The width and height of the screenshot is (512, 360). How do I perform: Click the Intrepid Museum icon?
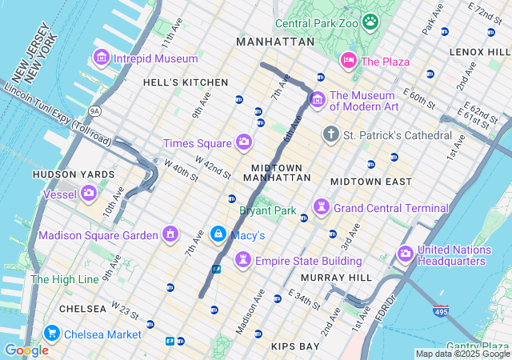[x=102, y=58]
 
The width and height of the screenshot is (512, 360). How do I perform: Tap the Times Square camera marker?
[x=244, y=142]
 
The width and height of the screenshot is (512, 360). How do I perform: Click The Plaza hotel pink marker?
[x=348, y=61]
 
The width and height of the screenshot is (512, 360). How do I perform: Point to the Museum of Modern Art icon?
[x=317, y=100]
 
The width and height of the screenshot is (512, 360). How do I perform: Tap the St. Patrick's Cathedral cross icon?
[x=330, y=134]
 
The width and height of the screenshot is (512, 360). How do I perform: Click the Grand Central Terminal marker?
[x=322, y=208]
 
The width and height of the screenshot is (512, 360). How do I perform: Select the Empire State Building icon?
[x=242, y=261]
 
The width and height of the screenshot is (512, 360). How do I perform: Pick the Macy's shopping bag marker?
[x=218, y=234]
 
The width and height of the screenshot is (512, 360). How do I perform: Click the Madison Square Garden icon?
[x=170, y=234]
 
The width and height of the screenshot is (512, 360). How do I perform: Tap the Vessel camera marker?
[x=88, y=193]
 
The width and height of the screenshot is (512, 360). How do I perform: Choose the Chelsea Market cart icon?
[x=52, y=334]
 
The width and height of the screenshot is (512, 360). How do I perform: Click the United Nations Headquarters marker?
[x=405, y=254]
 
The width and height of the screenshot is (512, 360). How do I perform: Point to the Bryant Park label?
[x=267, y=211]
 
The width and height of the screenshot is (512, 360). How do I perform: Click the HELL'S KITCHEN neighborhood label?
[x=185, y=82]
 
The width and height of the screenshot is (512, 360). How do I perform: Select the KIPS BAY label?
[x=295, y=346]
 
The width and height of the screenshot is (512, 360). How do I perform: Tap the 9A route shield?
[x=95, y=110]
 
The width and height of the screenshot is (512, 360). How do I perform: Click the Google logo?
[x=26, y=350]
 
